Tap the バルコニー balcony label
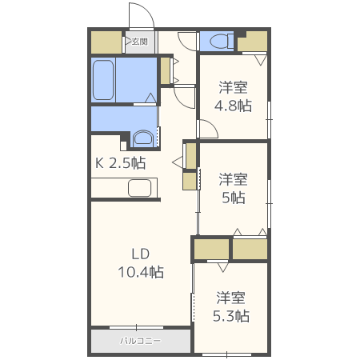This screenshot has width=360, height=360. (140, 340)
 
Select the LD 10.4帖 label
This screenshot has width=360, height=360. (142, 264)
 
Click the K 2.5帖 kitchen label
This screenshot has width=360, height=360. (121, 163)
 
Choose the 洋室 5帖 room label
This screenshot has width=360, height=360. (233, 188)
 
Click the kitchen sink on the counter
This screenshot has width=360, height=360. (140, 189)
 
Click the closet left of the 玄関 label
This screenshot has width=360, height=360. (106, 42)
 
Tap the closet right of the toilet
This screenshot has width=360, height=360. (253, 41)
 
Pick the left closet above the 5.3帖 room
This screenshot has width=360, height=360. (210, 250)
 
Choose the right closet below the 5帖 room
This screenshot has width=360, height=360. (250, 250)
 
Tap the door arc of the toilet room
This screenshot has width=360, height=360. (187, 40)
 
